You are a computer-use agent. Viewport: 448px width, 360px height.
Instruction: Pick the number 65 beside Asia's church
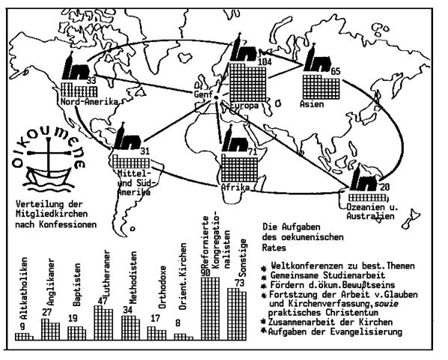click(x=335, y=70)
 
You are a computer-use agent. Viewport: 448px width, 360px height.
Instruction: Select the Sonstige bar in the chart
click(x=236, y=314)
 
